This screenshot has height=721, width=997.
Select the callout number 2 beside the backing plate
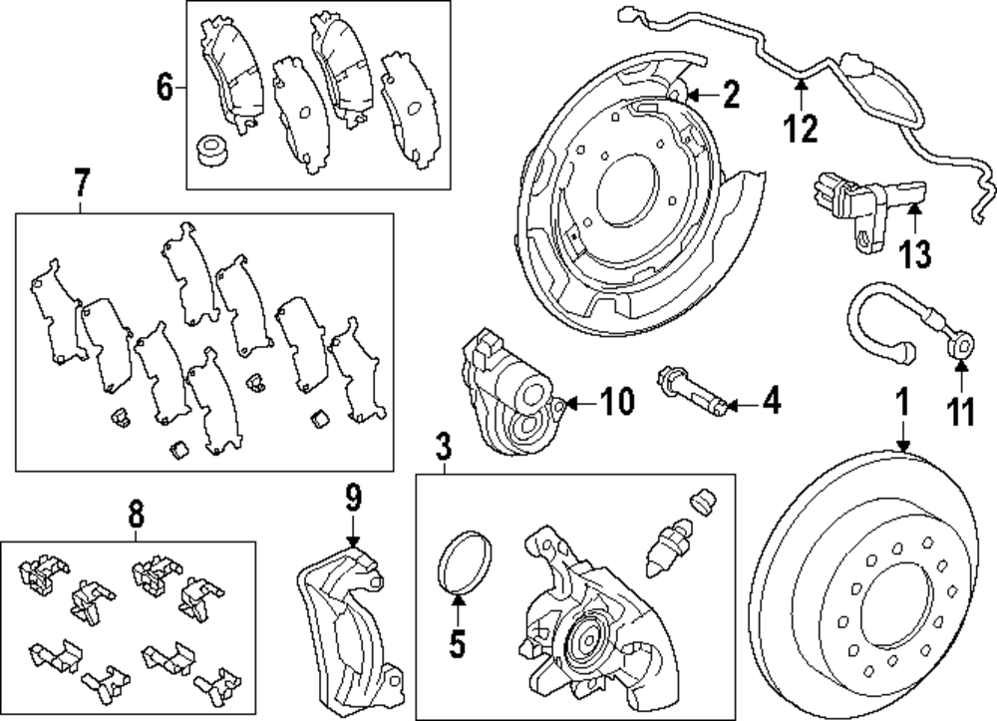[x=731, y=96]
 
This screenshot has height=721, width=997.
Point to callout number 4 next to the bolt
[x=771, y=404]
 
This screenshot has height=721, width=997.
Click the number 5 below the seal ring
[x=458, y=644]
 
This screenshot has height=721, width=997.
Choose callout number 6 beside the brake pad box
[x=166, y=90]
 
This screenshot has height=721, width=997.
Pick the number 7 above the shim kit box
[x=82, y=182]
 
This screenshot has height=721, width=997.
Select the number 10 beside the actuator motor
[x=618, y=403]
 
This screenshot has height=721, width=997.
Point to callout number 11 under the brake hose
[x=960, y=409]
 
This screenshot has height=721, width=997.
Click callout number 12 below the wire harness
[x=801, y=128]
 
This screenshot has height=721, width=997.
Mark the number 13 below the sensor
[x=914, y=253]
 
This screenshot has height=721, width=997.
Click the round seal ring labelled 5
[x=460, y=566]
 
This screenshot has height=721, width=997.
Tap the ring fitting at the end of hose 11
[x=962, y=348]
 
